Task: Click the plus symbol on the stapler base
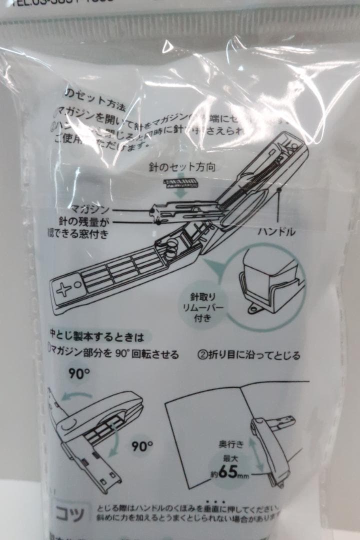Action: [x=63, y=290]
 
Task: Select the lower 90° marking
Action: [x=142, y=445]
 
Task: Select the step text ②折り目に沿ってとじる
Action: [x=248, y=355]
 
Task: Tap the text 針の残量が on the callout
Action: [x=90, y=221]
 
